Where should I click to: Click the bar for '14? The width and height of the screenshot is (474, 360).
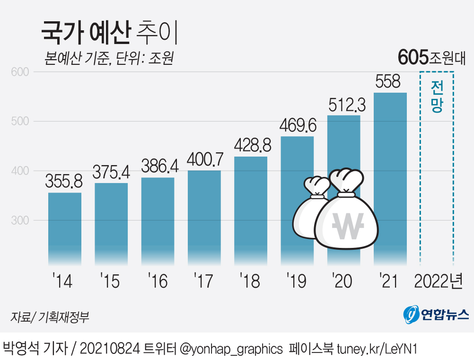pos(65,227)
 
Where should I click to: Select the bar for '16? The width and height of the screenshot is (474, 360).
pos(158,220)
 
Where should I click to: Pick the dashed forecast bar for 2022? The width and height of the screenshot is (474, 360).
pos(437,189)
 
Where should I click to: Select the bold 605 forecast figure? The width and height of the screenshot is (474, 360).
pos(413,57)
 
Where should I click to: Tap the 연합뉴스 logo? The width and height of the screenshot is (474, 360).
pos(436,315)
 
